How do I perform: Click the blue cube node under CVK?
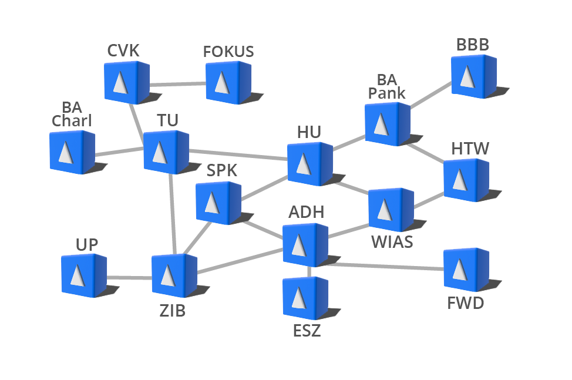tap(126, 82)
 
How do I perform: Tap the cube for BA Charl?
tap(71, 152)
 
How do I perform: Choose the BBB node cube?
tap(473, 76)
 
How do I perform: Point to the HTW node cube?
tap(465, 179)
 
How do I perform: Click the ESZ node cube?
tap(304, 298)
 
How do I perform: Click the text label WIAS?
tap(392, 242)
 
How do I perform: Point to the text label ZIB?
tap(172, 311)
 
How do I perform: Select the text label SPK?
tap(221, 171)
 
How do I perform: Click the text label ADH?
tap(306, 211)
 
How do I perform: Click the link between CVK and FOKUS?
tap(177, 85)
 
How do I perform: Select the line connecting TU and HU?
tap(238, 155)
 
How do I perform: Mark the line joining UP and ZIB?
tap(129, 277)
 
